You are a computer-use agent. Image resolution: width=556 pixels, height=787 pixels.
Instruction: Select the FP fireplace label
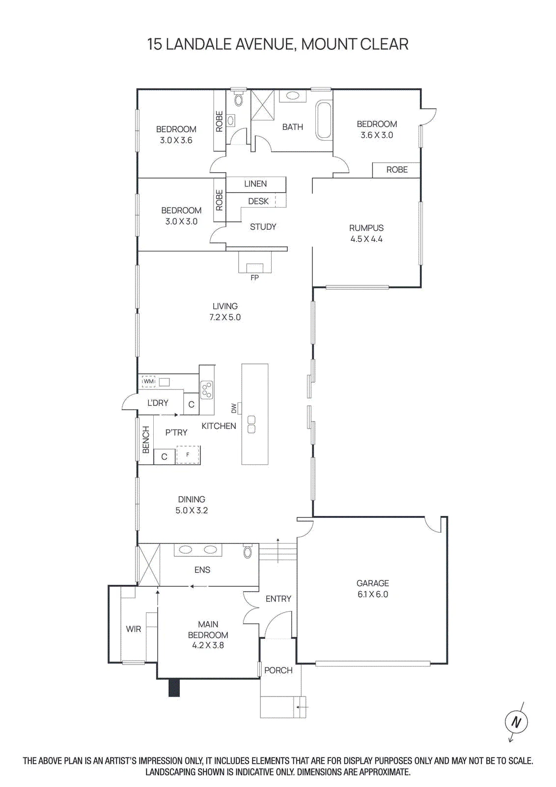point(255,278)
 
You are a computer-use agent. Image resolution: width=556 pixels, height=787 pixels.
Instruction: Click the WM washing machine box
point(148,381)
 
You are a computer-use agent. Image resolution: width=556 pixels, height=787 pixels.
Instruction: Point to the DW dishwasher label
point(234,408)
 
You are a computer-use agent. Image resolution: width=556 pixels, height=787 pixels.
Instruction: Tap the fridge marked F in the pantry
point(188,454)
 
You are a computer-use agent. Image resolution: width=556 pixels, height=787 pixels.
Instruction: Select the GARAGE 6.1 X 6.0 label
point(372,589)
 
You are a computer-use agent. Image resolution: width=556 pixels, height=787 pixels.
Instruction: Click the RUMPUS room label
point(366,228)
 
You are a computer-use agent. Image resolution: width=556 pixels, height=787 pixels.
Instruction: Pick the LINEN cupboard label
point(255,184)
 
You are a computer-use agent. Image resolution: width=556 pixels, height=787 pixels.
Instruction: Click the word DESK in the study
point(258,201)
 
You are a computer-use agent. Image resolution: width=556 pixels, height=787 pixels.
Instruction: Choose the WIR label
point(133,629)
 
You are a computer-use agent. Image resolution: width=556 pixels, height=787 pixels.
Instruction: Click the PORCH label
point(278,670)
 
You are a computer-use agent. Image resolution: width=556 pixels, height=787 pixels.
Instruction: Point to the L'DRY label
point(158,403)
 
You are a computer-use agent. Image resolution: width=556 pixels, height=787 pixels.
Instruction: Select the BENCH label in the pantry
point(146,440)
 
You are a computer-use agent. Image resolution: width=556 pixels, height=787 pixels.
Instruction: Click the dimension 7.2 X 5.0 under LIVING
point(225,317)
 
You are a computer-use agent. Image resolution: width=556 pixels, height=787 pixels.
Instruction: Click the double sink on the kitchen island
point(251,424)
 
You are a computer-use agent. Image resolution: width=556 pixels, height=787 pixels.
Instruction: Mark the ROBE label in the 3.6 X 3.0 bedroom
point(397,170)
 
